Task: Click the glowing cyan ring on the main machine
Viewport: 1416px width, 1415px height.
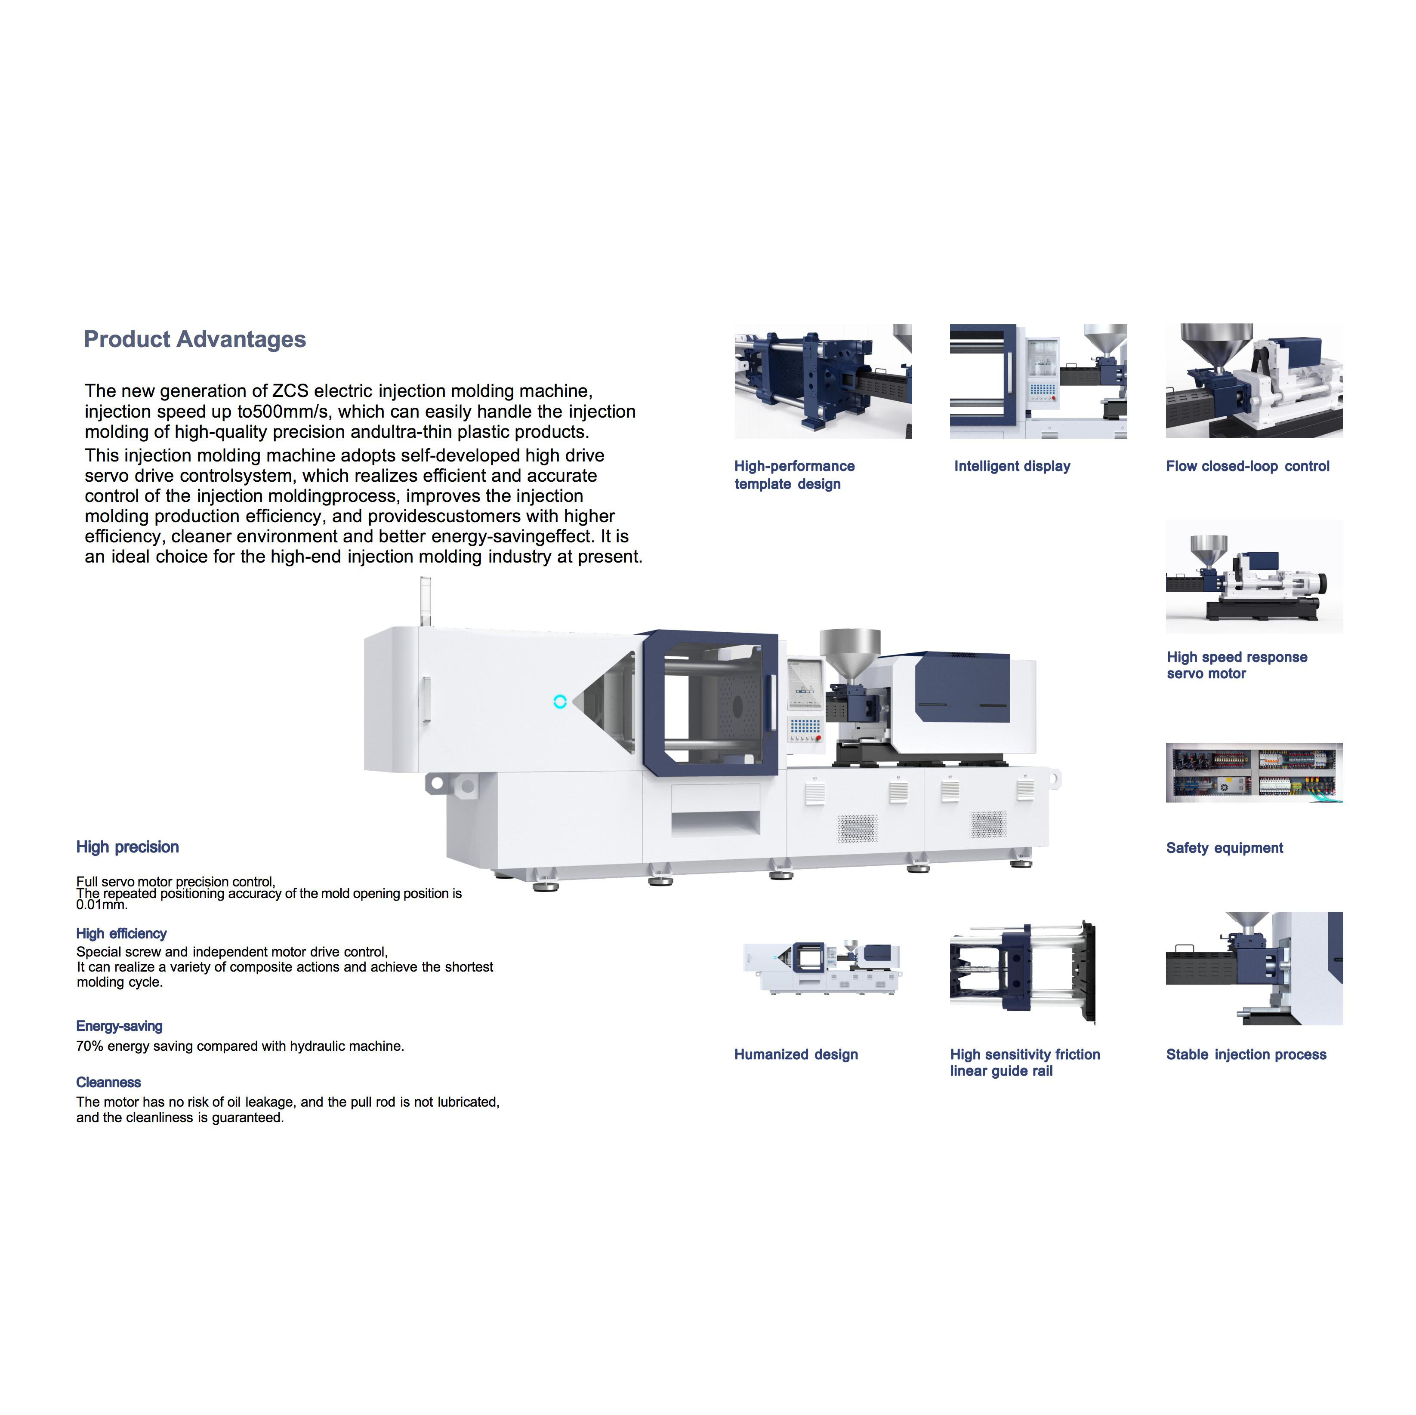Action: tap(560, 701)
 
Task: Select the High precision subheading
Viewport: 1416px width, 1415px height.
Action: tap(127, 847)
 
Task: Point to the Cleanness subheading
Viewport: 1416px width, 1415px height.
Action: tap(108, 1082)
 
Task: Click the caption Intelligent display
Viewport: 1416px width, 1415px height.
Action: tap(1012, 466)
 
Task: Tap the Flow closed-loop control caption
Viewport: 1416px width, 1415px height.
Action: tap(1247, 466)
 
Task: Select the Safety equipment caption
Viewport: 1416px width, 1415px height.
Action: tap(1224, 848)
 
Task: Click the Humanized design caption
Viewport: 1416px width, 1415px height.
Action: tap(796, 1055)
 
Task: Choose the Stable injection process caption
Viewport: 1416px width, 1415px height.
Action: tap(1246, 1055)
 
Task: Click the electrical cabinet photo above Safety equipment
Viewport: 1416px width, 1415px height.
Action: tap(1254, 772)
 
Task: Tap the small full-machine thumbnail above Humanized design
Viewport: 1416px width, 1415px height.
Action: tap(822, 967)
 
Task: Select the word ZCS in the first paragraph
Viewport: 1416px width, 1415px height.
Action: tap(290, 391)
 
